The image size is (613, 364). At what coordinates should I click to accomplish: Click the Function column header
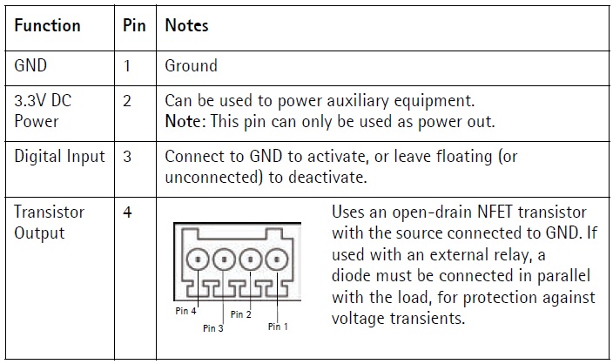(x=48, y=25)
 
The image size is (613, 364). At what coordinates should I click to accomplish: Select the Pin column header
(x=133, y=25)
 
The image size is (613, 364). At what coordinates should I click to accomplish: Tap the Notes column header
(x=186, y=25)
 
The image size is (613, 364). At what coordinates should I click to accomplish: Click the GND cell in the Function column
(x=31, y=65)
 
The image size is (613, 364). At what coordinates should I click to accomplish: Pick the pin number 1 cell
(x=127, y=65)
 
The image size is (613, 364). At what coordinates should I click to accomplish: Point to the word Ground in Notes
(x=191, y=65)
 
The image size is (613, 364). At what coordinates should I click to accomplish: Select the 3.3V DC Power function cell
(x=44, y=111)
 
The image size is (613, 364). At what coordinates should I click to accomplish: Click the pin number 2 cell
(x=127, y=100)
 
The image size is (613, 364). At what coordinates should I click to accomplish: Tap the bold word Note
(x=185, y=122)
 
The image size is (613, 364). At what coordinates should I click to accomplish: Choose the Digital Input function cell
(x=59, y=157)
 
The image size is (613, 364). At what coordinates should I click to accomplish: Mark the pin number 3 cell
(x=127, y=157)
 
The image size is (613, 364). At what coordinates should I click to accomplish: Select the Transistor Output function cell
(x=50, y=222)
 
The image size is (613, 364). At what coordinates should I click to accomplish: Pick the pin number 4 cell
(x=127, y=212)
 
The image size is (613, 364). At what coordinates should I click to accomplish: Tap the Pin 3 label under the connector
(x=213, y=328)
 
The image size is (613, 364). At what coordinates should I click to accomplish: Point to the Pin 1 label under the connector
(x=279, y=327)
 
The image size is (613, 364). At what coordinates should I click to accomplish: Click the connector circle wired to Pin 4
(x=199, y=259)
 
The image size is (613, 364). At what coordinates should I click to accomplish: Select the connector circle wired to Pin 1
(x=277, y=259)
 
